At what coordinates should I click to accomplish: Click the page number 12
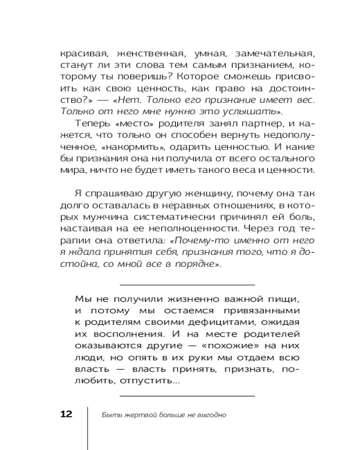[66, 414]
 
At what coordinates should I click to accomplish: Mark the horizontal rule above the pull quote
[188, 285]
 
